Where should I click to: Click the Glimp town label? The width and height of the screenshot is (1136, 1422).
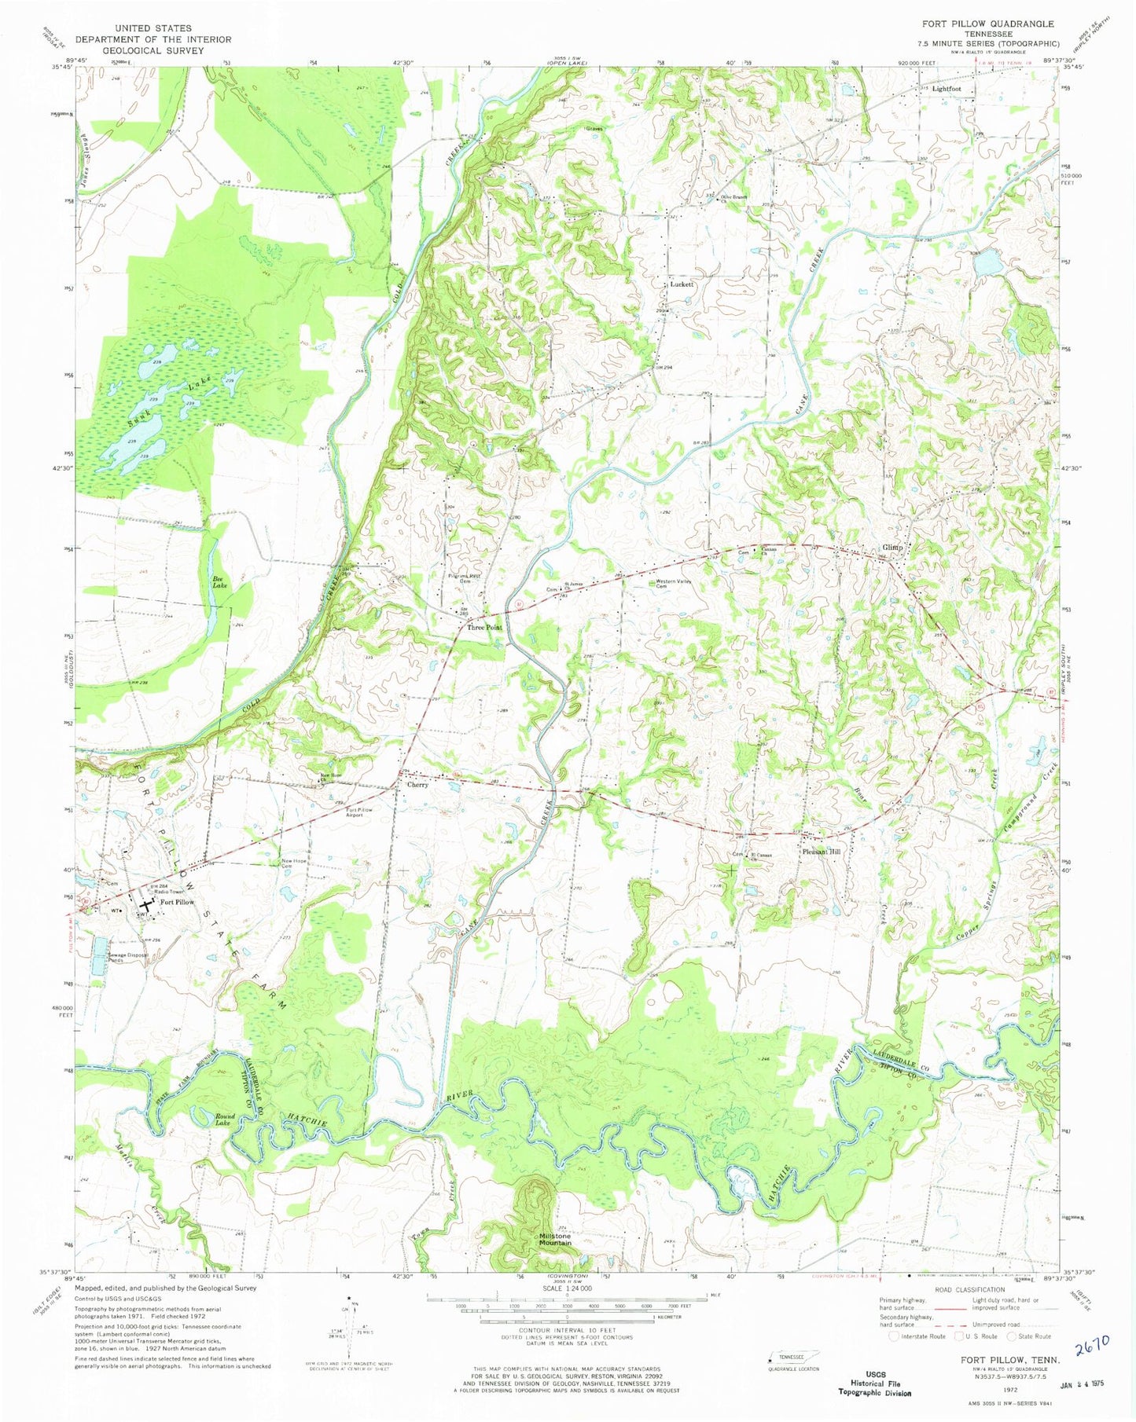(892, 548)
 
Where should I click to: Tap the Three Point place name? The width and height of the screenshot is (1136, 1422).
(484, 628)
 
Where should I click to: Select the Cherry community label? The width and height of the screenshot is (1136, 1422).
(417, 784)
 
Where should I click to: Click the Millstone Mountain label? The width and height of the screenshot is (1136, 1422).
(556, 1239)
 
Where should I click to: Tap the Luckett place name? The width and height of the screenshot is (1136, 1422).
(681, 284)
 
